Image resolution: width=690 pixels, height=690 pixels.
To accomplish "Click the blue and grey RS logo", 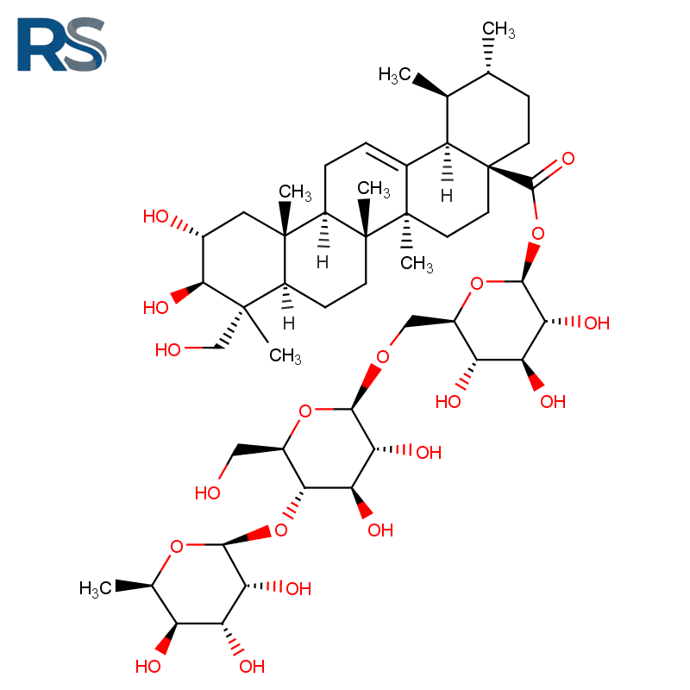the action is pyautogui.click(x=61, y=44).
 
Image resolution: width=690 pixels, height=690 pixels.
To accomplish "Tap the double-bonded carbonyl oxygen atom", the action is pyautogui.click(x=568, y=159).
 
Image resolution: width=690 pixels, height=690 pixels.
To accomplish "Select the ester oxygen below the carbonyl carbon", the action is pyautogui.click(x=537, y=233).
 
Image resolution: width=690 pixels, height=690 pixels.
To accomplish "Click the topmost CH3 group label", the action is pyautogui.click(x=499, y=29).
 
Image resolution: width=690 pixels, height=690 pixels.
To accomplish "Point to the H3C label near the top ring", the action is pyautogui.click(x=394, y=75).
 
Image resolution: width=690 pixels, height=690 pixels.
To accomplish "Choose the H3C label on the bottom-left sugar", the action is pyautogui.click(x=95, y=588).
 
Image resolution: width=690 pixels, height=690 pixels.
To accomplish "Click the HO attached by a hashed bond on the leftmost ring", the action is pyautogui.click(x=156, y=216).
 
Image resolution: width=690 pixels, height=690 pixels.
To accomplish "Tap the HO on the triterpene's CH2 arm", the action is pyautogui.click(x=167, y=350).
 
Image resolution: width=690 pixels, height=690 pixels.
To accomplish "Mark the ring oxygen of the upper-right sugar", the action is pyautogui.click(x=477, y=284).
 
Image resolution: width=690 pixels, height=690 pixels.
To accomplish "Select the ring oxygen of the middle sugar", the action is pyautogui.click(x=305, y=411).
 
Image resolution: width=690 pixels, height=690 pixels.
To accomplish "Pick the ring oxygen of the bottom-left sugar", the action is pyautogui.click(x=177, y=547).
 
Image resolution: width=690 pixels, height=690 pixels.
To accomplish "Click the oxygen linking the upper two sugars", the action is pyautogui.click(x=383, y=356).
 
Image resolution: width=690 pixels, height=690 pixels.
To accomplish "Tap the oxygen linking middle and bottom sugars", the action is pyautogui.click(x=281, y=530).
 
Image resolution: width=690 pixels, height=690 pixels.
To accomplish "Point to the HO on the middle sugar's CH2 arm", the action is pyautogui.click(x=207, y=492).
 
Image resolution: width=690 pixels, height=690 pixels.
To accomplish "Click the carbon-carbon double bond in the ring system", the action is pyautogui.click(x=386, y=155).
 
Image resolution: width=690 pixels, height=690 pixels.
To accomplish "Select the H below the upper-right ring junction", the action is pyautogui.click(x=447, y=196).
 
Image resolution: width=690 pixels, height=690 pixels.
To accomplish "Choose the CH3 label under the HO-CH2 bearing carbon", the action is pyautogui.click(x=285, y=355).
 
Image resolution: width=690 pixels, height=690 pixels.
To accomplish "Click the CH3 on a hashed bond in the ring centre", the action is pyautogui.click(x=417, y=264).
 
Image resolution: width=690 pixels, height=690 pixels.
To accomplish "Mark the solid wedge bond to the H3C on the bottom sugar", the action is pyautogui.click(x=134, y=586).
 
